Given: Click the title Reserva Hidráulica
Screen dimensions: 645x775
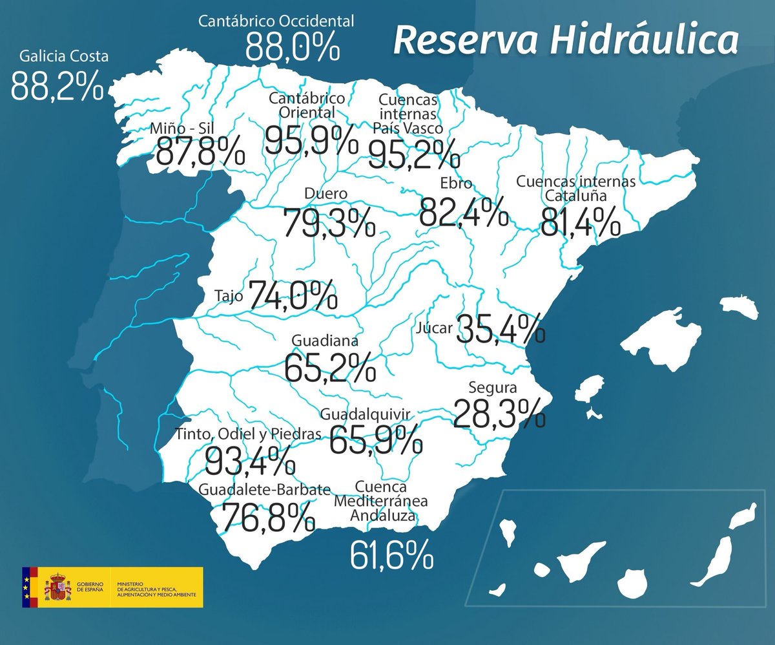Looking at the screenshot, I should (566, 41).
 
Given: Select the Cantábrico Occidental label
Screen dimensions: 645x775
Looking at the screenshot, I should (276, 21).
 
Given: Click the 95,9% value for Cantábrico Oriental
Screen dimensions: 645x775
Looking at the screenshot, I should (311, 139).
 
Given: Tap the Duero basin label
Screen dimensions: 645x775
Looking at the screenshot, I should (325, 193).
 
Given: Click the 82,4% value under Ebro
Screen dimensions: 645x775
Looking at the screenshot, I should (462, 211).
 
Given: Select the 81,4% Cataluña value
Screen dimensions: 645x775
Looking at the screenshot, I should (580, 222).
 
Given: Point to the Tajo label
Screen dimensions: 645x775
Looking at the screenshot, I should (228, 297).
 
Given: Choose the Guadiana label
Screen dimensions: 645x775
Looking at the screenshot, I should (325, 340).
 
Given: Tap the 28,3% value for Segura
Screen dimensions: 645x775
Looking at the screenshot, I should (499, 414).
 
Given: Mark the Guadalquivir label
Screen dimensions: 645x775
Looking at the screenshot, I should (365, 413).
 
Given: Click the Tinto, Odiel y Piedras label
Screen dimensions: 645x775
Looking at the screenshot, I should (248, 435).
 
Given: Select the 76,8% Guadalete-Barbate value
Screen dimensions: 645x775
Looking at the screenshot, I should (268, 516).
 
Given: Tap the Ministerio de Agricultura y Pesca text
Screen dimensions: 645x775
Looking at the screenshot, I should (159, 587).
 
